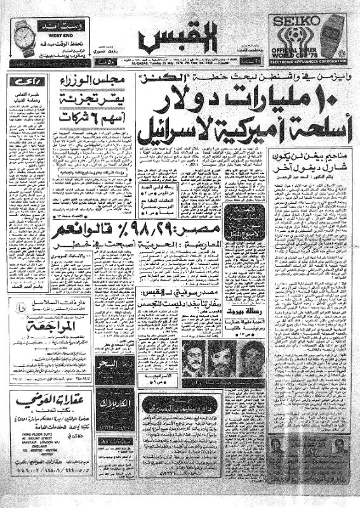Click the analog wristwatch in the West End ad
(x=23, y=38)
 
